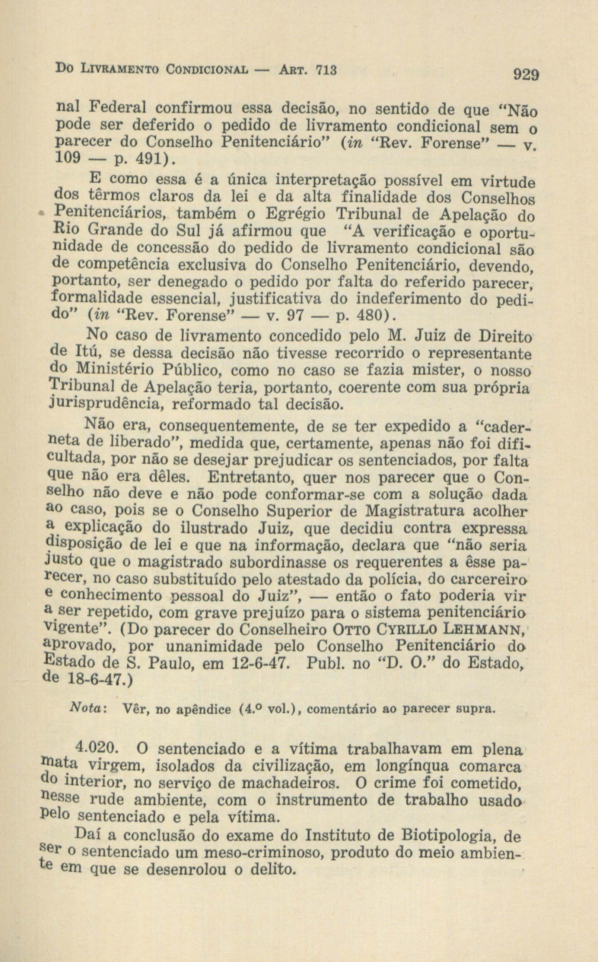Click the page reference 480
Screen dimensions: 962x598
click(369, 317)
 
